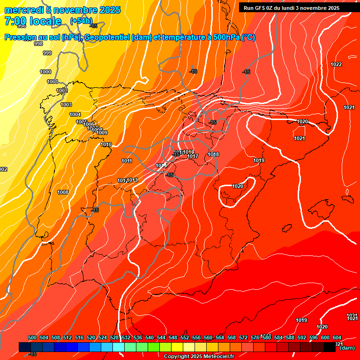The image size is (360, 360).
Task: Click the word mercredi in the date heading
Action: coord(22,10)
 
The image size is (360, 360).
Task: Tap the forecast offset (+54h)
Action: coord(81,21)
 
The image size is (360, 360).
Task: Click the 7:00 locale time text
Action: coord(33,21)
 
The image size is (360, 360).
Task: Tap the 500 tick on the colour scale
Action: coord(32,337)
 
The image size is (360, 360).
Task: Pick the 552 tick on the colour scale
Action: coord(185,337)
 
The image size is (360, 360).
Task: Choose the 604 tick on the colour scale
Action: coord(337,337)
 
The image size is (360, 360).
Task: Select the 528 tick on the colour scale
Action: coord(114,337)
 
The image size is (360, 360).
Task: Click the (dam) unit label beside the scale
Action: coord(347,348)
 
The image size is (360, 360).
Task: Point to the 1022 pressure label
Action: coord(336,64)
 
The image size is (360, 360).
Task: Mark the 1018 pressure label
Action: coord(213,154)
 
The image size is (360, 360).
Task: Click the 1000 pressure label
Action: coord(45,72)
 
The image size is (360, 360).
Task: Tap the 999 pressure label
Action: coord(47,53)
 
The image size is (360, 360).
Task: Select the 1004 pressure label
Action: coord(75,114)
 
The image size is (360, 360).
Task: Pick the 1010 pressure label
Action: coord(106,145)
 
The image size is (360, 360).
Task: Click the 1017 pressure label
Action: coord(193,157)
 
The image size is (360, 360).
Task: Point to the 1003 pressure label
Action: coord(66,105)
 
